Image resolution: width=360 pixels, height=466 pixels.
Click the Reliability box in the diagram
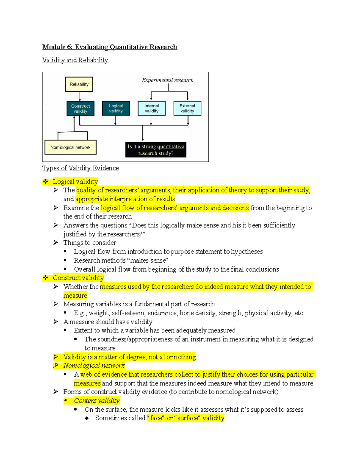pyautogui.click(x=79, y=84)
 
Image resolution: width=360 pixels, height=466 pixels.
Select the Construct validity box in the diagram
pyautogui.click(x=80, y=109)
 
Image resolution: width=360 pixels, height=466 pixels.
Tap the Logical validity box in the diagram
pyautogui.click(x=116, y=108)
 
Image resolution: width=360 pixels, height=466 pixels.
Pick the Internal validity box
pyautogui.click(x=151, y=108)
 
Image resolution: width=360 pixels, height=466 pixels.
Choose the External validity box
pyautogui.click(x=187, y=108)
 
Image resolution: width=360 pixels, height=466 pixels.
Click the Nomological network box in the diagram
pyautogui.click(x=70, y=147)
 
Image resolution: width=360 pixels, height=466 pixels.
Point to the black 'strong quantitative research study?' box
pyautogui.click(x=156, y=150)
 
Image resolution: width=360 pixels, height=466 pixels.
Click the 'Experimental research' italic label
pyautogui.click(x=168, y=80)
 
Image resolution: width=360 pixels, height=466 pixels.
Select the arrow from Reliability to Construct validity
pyautogui.click(x=80, y=96)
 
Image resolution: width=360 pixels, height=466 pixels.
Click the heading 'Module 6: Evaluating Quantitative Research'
pyautogui.click(x=109, y=47)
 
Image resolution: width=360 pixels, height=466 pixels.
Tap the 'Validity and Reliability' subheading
pyautogui.click(x=75, y=60)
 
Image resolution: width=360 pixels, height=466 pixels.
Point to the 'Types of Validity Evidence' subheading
pyautogui.click(x=80, y=168)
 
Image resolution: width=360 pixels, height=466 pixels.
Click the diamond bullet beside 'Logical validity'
pyautogui.click(x=45, y=182)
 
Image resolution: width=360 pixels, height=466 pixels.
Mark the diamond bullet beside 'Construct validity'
pyautogui.click(x=45, y=278)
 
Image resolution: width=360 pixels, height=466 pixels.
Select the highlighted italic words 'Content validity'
pyautogui.click(x=97, y=401)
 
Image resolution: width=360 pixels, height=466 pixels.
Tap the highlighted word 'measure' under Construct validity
pyautogui.click(x=75, y=296)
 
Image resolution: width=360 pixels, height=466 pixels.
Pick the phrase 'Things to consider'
pyautogui.click(x=90, y=242)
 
